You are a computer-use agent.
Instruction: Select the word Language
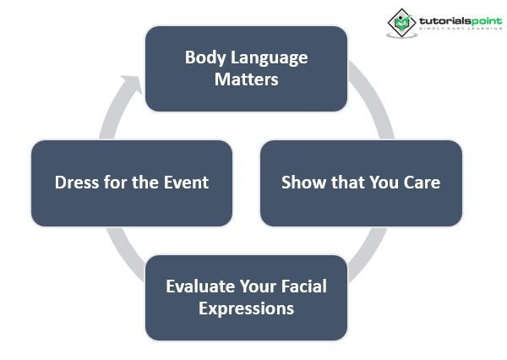click(x=268, y=58)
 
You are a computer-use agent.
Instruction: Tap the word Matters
click(x=246, y=80)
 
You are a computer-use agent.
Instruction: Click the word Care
click(x=420, y=182)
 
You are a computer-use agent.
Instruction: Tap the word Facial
click(x=303, y=286)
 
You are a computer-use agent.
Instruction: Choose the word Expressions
click(x=246, y=308)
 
